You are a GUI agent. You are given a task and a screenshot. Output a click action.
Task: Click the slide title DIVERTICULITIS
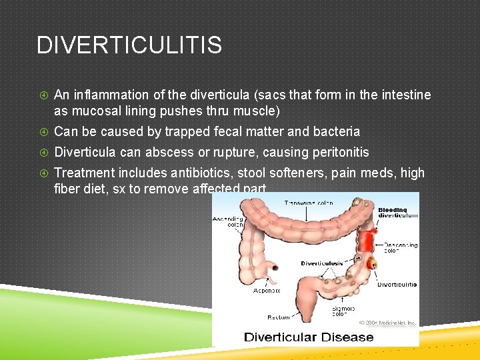point(129,45)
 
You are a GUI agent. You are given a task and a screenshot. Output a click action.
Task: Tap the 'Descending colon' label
point(400,249)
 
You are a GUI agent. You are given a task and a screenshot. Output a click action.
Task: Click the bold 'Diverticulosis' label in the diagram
point(321,263)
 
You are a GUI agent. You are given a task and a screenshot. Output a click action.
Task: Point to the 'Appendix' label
point(267,291)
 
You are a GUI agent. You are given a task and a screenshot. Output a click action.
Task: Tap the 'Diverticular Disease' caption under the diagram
point(309,337)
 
